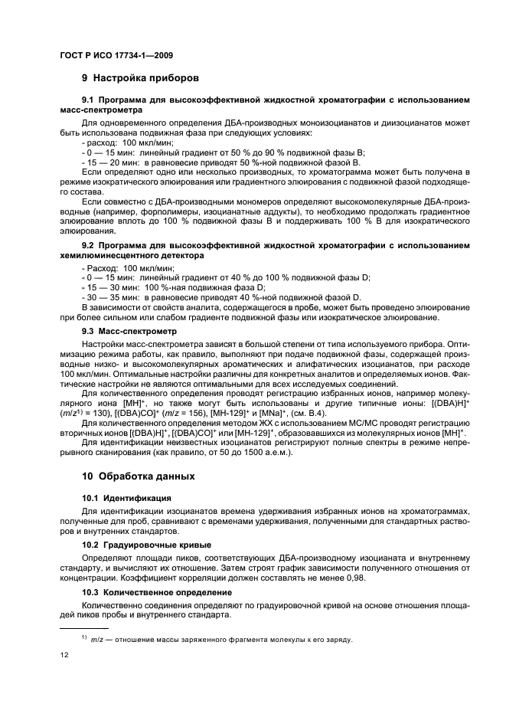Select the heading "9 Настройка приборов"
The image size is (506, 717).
[x=141, y=78]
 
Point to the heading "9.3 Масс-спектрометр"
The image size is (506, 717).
[x=129, y=332]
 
